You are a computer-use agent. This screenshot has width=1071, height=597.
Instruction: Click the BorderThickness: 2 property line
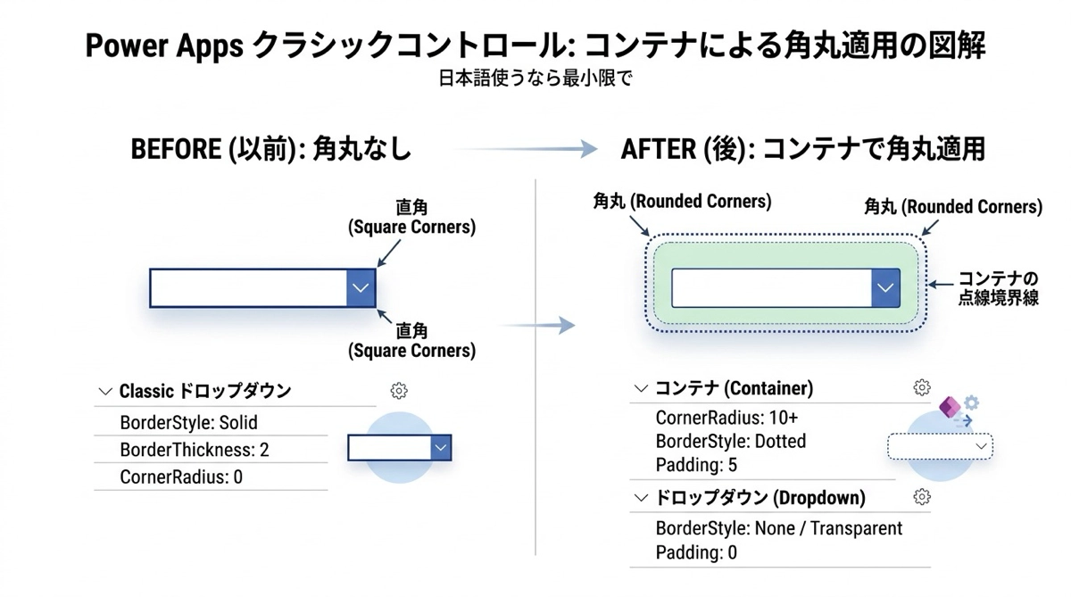[194, 450]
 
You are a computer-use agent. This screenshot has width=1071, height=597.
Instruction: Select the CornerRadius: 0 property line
[181, 477]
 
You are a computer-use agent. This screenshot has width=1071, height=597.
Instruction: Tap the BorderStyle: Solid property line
[188, 422]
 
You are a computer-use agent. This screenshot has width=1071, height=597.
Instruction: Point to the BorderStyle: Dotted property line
[730, 441]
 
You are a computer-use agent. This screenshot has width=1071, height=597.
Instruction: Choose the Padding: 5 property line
[696, 465]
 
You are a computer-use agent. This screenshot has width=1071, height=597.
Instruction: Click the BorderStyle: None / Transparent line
[778, 528]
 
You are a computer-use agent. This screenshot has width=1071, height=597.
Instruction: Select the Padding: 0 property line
[696, 552]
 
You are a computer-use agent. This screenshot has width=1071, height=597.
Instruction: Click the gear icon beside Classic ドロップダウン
[399, 391]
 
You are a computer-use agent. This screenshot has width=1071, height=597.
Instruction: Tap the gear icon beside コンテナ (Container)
[922, 387]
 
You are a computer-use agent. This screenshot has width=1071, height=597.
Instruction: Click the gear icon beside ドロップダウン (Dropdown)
[922, 497]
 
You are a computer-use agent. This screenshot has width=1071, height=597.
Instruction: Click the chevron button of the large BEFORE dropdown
[361, 288]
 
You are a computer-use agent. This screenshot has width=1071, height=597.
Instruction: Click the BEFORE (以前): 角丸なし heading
[271, 148]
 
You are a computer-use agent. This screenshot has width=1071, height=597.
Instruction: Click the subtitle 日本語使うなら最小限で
[535, 78]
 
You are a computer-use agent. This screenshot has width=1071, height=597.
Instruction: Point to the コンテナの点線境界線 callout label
[998, 288]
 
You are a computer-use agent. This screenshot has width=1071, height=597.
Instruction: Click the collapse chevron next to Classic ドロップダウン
[105, 391]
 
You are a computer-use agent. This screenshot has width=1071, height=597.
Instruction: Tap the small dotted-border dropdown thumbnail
[940, 446]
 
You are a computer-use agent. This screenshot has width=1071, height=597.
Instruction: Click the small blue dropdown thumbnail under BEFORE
[399, 448]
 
